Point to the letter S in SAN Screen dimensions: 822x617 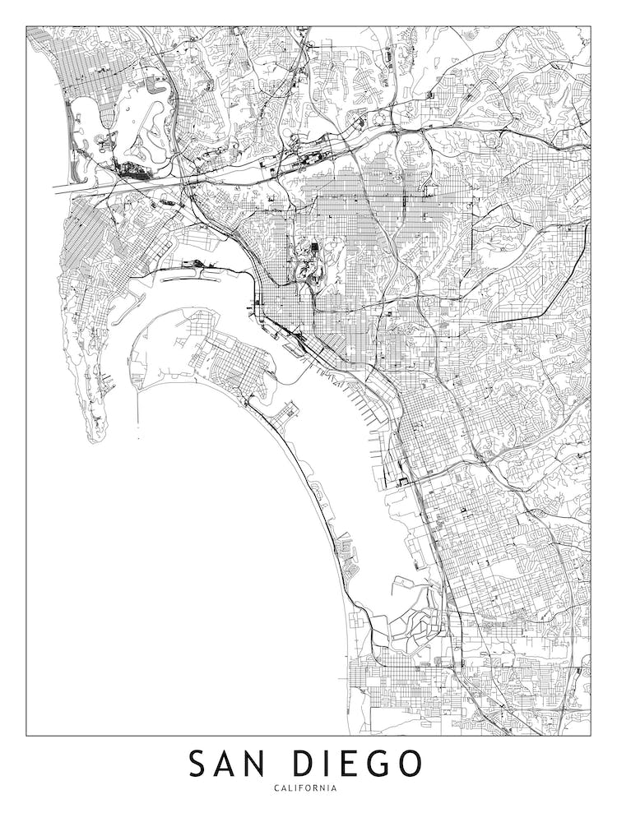(x=198, y=764)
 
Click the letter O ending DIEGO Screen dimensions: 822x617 (x=408, y=764)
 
